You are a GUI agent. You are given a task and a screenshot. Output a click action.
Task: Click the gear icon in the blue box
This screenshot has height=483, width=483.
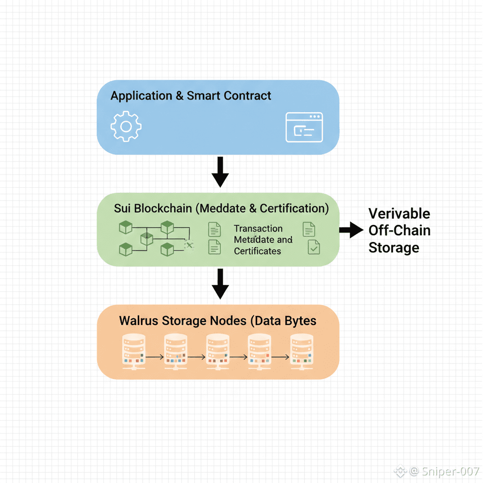tap(126, 126)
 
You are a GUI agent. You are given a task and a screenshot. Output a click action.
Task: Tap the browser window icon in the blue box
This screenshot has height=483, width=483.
tap(304, 127)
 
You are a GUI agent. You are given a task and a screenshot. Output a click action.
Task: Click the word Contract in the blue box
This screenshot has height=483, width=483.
tap(247, 96)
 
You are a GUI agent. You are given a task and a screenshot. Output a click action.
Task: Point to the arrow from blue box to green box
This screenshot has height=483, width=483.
tap(220, 173)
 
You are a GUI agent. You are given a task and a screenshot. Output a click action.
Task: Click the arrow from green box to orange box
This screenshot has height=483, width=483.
tap(220, 284)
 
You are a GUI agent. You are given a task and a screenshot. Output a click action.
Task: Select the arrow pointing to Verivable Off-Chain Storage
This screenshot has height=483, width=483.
tap(351, 230)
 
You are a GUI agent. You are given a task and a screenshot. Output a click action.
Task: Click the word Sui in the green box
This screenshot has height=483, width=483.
tap(122, 208)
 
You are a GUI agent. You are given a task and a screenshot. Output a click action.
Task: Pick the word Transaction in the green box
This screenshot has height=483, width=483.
tap(258, 229)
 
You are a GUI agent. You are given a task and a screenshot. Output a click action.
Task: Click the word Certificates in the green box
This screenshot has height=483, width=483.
tap(258, 251)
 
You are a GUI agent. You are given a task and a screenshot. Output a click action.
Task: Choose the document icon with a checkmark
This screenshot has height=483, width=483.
tap(314, 247)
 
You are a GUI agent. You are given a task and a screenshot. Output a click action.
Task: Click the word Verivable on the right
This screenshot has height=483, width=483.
tap(399, 214)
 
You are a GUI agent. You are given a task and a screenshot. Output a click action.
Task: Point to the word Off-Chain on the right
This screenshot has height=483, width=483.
tap(399, 231)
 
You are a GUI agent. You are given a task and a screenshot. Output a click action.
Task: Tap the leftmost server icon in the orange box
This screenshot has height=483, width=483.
tap(134, 351)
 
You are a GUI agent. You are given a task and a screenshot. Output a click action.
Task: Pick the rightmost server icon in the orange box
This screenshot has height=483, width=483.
tap(302, 351)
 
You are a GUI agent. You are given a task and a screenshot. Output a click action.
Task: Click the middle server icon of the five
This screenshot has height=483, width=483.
tap(218, 351)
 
